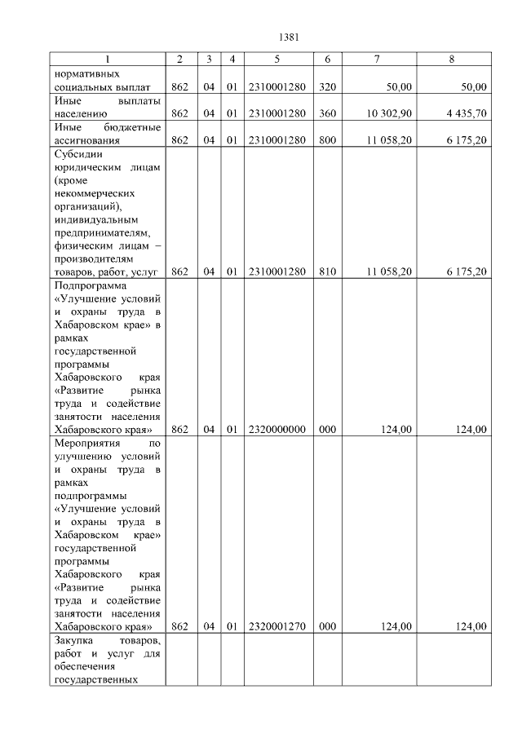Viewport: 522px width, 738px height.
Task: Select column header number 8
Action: pos(452,60)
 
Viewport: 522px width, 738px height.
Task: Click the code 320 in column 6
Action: pos(327,86)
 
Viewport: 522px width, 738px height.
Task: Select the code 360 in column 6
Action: pos(327,113)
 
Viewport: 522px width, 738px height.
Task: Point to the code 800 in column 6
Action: pos(327,140)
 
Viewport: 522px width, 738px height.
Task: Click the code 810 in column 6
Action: pos(327,272)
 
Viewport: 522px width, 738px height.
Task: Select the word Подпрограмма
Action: pos(87,285)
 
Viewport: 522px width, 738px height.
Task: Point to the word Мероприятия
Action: pos(86,443)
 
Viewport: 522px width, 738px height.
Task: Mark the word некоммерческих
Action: pos(91,193)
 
